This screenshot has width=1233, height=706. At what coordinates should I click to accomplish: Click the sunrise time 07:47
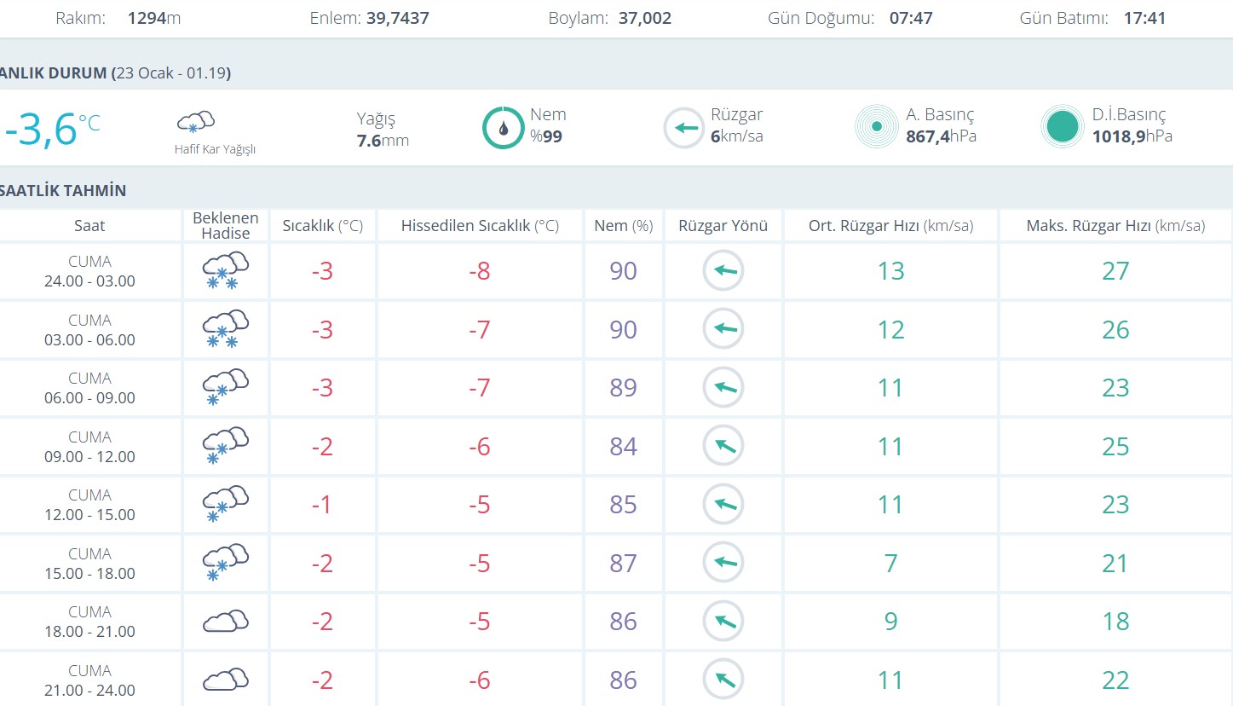tap(911, 18)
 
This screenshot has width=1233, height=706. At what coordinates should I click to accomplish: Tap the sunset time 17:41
tap(1144, 18)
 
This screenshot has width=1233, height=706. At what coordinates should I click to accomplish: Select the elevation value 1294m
tap(154, 18)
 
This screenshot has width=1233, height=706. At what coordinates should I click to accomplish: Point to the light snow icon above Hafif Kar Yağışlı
tap(195, 121)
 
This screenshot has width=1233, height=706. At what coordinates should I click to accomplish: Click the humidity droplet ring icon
tap(504, 128)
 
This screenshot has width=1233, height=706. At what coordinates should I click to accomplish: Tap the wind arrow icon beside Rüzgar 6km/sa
tap(683, 128)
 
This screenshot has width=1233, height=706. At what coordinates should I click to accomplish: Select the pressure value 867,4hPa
tap(941, 136)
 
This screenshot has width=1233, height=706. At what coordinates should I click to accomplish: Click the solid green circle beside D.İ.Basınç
tap(1062, 127)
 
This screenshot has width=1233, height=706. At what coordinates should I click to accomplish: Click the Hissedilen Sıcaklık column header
tap(480, 226)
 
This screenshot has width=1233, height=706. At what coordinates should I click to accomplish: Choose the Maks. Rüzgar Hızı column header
tap(1115, 226)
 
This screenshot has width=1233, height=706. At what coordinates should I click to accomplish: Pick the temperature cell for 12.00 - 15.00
tap(321, 505)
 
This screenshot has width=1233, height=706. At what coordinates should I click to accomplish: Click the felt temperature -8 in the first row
tap(480, 271)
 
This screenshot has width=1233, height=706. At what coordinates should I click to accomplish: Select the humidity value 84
tap(623, 446)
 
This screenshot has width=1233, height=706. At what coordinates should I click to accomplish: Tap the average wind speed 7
tap(890, 564)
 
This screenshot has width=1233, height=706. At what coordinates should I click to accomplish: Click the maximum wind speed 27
tap(1115, 271)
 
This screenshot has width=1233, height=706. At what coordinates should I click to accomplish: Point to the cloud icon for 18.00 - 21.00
tap(226, 622)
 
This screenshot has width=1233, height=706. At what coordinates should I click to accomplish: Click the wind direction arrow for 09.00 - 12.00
tap(723, 446)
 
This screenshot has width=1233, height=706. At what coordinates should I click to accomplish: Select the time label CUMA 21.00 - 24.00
tap(89, 680)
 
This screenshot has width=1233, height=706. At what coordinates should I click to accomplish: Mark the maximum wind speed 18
tap(1115, 622)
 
